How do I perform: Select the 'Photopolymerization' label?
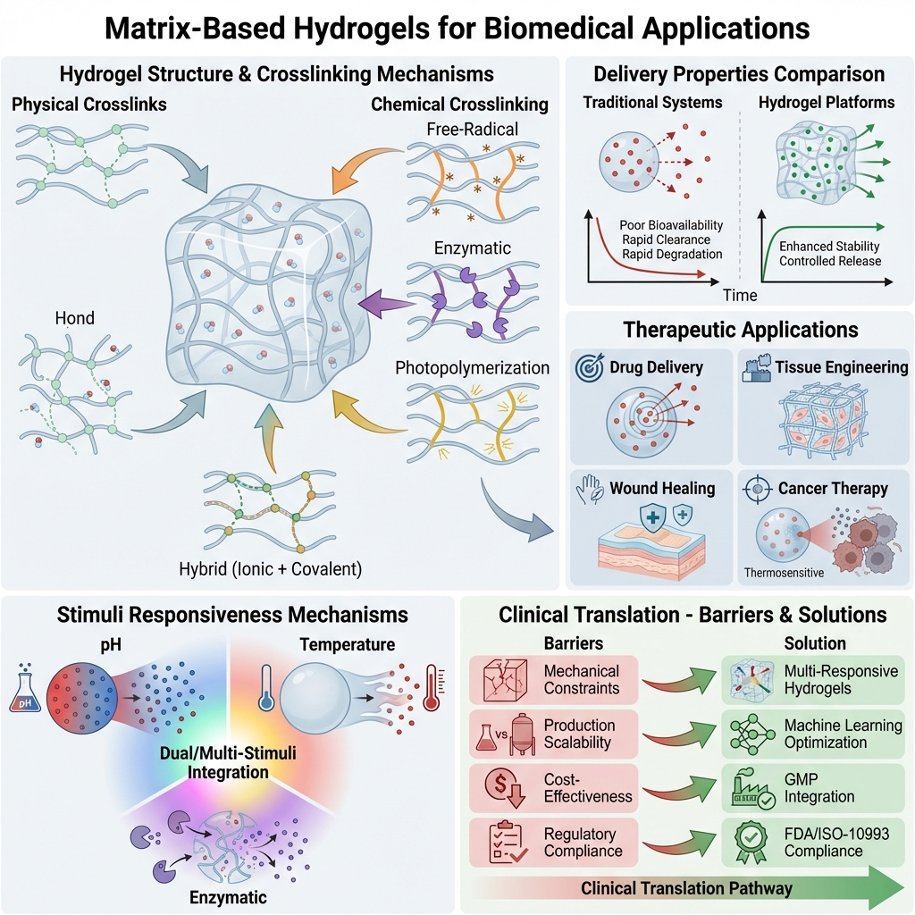click(x=473, y=366)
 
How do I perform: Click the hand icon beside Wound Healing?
click(x=592, y=488)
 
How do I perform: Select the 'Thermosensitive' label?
click(x=783, y=572)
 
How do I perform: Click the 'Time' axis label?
click(x=739, y=295)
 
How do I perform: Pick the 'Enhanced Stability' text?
click(x=829, y=246)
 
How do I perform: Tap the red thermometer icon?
click(x=432, y=689)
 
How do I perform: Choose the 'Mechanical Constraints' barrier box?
click(x=553, y=679)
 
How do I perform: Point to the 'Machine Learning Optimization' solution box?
click(x=812, y=735)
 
